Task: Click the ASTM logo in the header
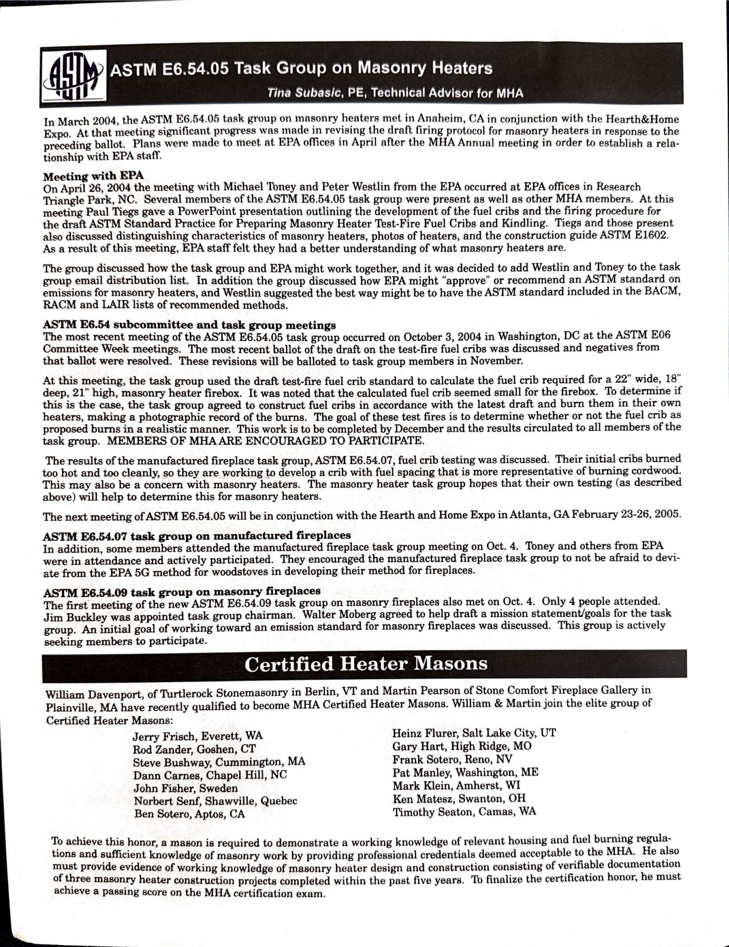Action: point(72,75)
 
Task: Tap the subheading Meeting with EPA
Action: point(93,176)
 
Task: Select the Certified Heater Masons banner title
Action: point(365,664)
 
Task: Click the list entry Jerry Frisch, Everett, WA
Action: point(197,736)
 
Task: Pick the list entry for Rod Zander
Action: point(194,749)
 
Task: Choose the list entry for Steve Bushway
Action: point(219,762)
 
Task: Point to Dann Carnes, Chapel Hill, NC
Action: point(210,775)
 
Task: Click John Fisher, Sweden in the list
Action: point(186,788)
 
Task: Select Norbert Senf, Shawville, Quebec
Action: point(215,801)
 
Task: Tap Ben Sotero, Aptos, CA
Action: point(190,814)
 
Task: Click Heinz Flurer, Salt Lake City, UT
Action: point(474,733)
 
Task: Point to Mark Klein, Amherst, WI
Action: point(456,786)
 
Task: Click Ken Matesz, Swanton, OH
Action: point(459,799)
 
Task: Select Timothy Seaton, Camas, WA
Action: point(464,812)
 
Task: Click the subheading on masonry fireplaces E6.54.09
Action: point(182,591)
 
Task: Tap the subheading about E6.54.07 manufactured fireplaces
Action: point(197,536)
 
